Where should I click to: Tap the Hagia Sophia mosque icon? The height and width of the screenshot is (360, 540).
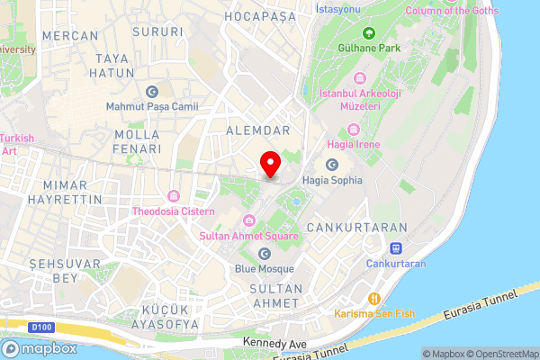(332, 165)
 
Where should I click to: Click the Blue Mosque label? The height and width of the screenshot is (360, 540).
(265, 268)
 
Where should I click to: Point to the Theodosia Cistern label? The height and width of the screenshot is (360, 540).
(175, 211)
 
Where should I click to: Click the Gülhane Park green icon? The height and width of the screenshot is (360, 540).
(368, 32)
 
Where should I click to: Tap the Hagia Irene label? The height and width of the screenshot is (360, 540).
(355, 144)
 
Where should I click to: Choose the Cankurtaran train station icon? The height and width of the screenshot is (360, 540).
(395, 248)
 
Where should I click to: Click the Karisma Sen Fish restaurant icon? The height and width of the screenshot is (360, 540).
(374, 299)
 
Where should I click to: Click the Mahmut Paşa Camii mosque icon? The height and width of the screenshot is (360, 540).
(151, 92)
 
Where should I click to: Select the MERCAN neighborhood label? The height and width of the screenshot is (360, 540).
(70, 35)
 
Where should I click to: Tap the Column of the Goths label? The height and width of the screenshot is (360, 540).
(451, 11)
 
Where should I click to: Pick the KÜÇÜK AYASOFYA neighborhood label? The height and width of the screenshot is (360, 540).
(160, 316)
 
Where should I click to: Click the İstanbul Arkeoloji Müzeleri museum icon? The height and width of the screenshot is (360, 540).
(360, 77)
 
